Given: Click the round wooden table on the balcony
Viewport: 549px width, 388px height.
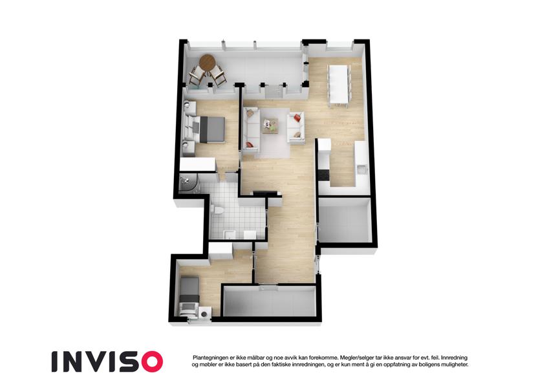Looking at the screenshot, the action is [207, 62].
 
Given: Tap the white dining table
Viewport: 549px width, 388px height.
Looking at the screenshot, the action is [339, 84].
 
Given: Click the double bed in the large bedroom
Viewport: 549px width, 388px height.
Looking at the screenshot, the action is [208, 129].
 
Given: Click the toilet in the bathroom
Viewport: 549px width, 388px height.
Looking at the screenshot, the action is [217, 210].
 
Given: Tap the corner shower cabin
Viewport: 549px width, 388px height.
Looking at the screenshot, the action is [188, 184].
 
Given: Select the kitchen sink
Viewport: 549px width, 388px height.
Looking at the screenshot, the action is [361, 169].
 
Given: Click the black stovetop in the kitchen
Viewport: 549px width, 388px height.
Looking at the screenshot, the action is [324, 175].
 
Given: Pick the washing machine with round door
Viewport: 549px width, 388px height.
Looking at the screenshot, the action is [205, 314].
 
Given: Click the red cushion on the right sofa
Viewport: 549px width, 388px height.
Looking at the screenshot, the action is [297, 118].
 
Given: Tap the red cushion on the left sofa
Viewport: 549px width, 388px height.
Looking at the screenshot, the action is [250, 144].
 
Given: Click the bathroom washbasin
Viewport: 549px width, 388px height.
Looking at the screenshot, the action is [229, 235].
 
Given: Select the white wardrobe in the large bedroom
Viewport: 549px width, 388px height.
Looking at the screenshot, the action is [197, 165].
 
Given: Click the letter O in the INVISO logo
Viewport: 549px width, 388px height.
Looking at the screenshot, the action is [150, 361].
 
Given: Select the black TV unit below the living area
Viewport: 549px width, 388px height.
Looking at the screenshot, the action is [265, 193].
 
